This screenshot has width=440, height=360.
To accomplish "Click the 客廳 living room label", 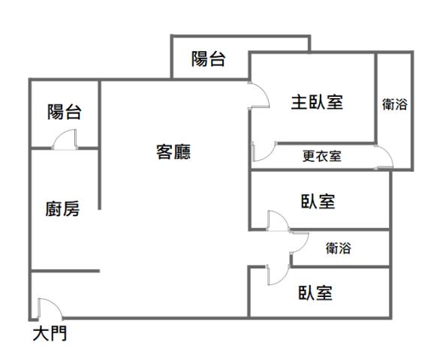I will click(x=173, y=152).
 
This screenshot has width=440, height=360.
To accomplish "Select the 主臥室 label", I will click(x=318, y=103).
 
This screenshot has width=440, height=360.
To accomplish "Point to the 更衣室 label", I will click(x=322, y=157).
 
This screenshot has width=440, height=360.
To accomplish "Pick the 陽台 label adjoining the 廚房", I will click(x=65, y=113).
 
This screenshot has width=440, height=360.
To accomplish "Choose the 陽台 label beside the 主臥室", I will click(x=208, y=59).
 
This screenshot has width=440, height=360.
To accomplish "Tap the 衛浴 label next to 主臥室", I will click(x=394, y=105).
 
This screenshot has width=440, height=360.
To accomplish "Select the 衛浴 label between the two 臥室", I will click(x=339, y=249).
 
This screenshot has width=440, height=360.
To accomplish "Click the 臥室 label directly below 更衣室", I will click(x=318, y=202).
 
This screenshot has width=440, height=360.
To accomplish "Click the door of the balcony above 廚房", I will click(x=65, y=140).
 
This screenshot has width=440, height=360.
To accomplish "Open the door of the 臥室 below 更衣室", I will click(x=276, y=220).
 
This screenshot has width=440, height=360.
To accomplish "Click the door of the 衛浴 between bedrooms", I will click(x=299, y=244).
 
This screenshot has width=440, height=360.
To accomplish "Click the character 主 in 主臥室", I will click(x=300, y=103).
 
